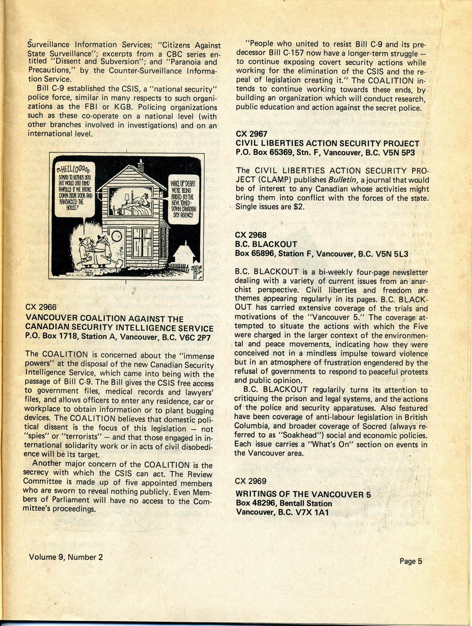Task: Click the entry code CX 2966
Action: [x=41, y=307]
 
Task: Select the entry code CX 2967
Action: [x=251, y=134]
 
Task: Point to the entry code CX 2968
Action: [x=251, y=235]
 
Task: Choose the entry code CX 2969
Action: [x=251, y=481]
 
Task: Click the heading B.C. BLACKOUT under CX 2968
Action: [x=266, y=244]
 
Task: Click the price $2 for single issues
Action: [x=299, y=207]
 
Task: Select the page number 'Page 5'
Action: [x=411, y=561]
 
